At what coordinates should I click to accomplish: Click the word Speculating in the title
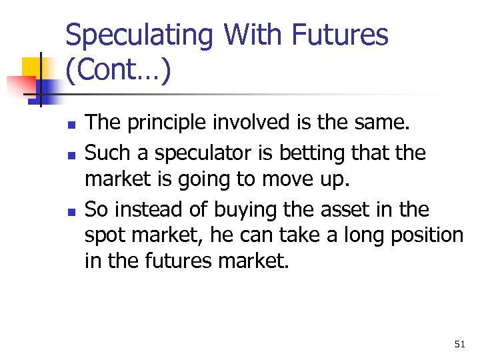coord(140,35)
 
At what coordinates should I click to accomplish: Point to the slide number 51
coord(459,344)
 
